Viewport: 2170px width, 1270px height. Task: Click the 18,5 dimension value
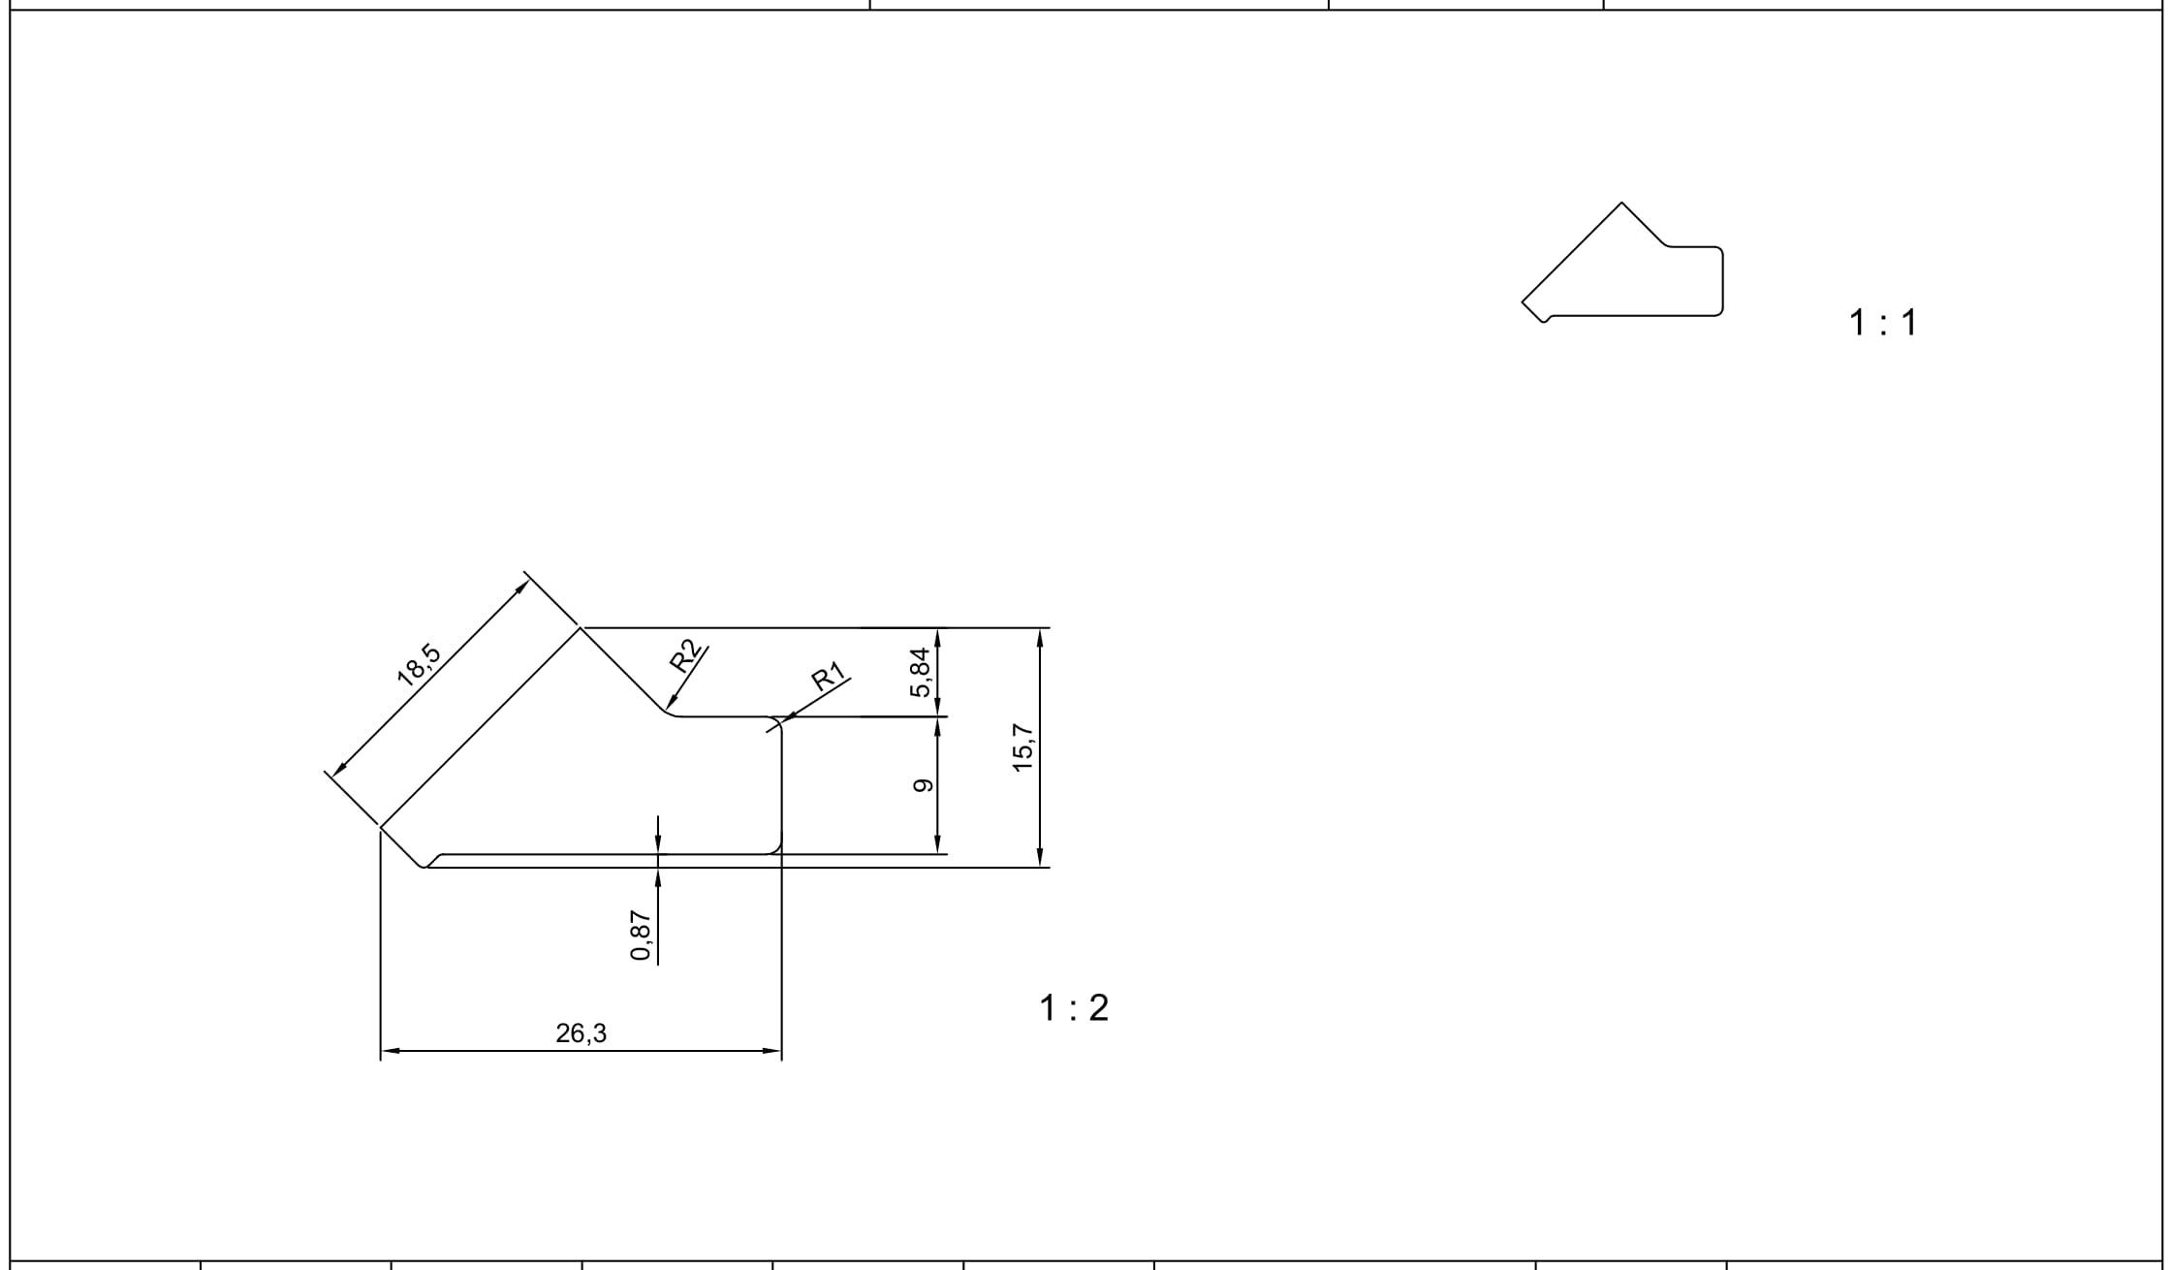coord(419,665)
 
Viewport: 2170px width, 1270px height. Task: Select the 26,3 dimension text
coord(582,1033)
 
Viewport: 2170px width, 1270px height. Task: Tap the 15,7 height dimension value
coord(1023,747)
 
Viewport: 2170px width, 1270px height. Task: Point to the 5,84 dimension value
coord(921,672)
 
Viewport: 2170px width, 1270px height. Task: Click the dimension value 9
coord(923,785)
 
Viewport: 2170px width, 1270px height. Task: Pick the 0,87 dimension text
coord(641,935)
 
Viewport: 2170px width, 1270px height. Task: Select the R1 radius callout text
coord(828,676)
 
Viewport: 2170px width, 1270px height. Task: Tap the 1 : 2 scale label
coord(1074,1008)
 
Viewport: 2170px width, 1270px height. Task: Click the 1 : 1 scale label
coord(1883,323)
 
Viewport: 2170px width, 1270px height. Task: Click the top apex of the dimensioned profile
coord(581,628)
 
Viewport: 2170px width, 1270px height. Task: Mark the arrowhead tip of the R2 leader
coord(667,710)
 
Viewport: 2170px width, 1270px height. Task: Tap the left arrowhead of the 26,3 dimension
coord(384,1050)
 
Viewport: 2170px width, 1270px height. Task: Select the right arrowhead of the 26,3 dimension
coord(778,1050)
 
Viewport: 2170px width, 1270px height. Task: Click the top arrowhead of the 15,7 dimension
coord(1040,632)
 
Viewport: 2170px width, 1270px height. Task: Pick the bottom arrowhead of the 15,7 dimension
coord(1040,863)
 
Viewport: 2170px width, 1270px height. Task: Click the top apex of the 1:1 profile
coord(1621,203)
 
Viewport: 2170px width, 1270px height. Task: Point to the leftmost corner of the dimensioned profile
coord(380,827)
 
